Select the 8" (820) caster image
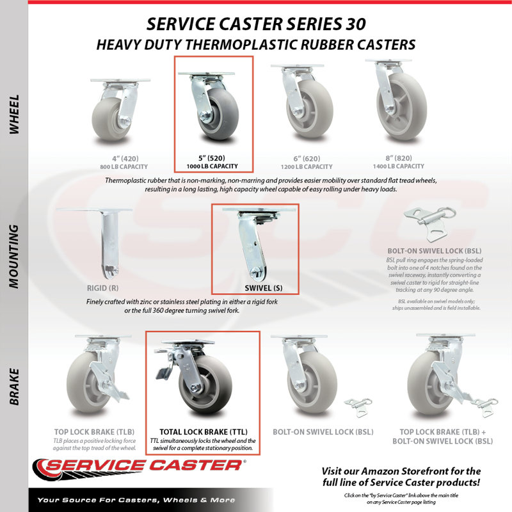pos(396,100)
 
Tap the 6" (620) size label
pos(307,159)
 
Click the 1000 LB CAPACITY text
pos(212,166)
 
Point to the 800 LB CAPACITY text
pos(124,167)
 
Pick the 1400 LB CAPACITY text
pos(399,166)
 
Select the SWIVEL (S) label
pos(264,288)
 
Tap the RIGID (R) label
pos(102,288)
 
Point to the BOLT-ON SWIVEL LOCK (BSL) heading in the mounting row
pos(435,251)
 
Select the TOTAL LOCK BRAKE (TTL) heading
pos(204,432)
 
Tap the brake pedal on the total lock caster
pos(164,373)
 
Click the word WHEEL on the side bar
pos(14,115)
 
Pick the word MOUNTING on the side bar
pos(14,257)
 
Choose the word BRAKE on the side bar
pos(14,387)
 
